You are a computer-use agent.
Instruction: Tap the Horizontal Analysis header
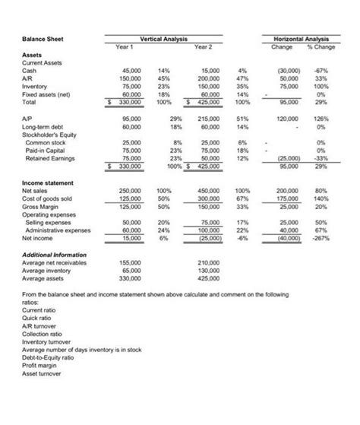[x=308, y=37]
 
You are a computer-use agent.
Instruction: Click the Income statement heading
[x=49, y=183]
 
